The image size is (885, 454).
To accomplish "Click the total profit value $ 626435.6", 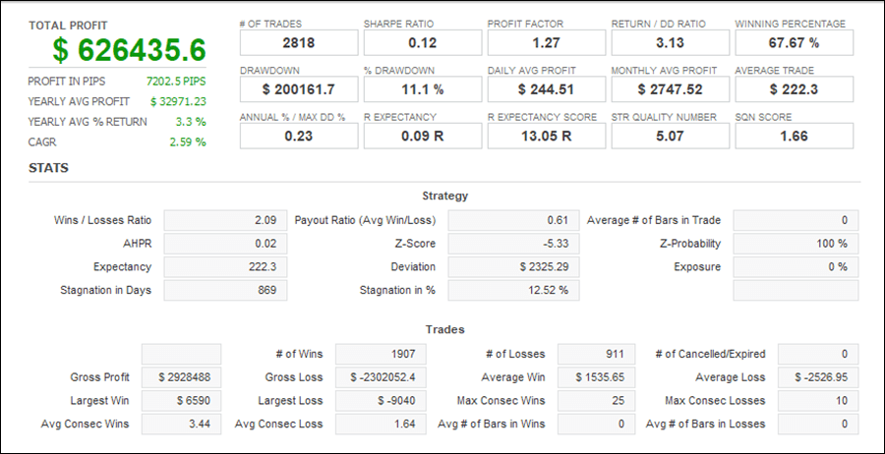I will click(x=130, y=50).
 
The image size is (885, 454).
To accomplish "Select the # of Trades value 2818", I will click(x=299, y=42).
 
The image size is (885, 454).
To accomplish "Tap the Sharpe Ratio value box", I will click(x=423, y=42).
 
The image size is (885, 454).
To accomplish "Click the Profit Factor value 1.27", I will click(x=547, y=42).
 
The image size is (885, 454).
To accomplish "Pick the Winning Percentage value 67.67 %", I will click(x=795, y=42).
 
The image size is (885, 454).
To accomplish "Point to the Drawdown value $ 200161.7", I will click(x=299, y=89).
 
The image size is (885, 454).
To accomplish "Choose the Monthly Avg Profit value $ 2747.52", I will click(x=671, y=89).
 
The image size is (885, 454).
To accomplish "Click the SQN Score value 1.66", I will click(x=795, y=136).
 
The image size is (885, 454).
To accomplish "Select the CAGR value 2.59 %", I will click(x=187, y=142).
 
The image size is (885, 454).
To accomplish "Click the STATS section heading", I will click(x=48, y=168).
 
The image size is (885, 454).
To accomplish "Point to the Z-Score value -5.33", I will click(x=513, y=244).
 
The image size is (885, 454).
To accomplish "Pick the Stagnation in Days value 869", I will click(x=225, y=291).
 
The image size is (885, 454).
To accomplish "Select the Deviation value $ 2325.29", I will click(x=513, y=267).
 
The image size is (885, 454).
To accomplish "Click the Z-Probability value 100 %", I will click(x=796, y=244).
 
